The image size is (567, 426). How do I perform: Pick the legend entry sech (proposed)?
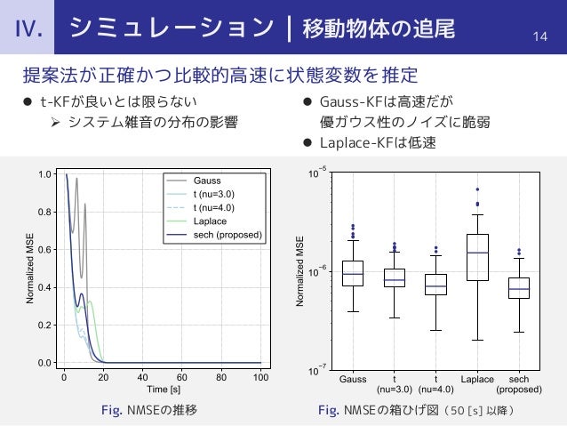pyautogui.click(x=227, y=236)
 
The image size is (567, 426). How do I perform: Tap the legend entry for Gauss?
pyautogui.click(x=206, y=180)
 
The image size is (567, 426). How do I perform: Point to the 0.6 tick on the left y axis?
pyautogui.click(x=44, y=251)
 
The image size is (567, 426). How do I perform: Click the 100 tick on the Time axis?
pyautogui.click(x=260, y=378)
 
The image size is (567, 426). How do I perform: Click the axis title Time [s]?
pyautogui.click(x=162, y=390)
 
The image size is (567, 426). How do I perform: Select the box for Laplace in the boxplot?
pyautogui.click(x=477, y=257)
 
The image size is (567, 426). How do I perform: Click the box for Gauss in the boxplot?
pyautogui.click(x=353, y=273)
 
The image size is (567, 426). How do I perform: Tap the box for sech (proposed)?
pyautogui.click(x=519, y=287)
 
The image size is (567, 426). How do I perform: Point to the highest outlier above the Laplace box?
pyautogui.click(x=477, y=189)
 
